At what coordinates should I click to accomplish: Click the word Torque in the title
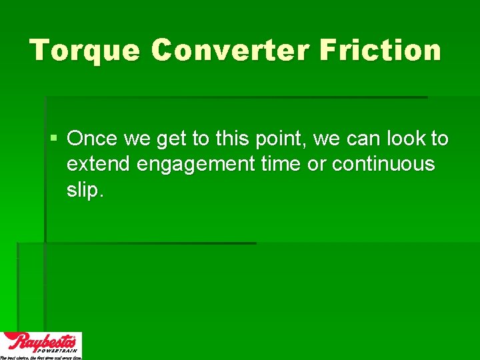[84, 51]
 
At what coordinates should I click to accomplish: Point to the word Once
[91, 139]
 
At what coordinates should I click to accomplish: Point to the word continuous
[383, 164]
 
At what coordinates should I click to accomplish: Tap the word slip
[85, 190]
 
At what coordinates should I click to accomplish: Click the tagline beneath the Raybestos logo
[41, 357]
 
